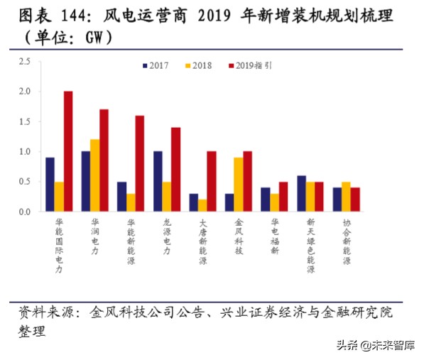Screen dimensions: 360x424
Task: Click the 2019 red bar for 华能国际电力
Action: tap(68, 151)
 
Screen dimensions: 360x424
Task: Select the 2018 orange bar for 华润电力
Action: tap(94, 175)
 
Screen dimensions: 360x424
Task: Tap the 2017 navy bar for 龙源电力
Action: tap(158, 181)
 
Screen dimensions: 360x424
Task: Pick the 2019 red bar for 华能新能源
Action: tap(140, 163)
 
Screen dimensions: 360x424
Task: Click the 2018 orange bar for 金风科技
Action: tap(238, 185)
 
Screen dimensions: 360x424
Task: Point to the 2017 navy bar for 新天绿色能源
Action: tap(302, 193)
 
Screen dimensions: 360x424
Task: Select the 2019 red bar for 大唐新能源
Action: tap(212, 181)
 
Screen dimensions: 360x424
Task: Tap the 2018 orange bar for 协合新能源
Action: tap(346, 197)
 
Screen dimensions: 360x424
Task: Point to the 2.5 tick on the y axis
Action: tap(25, 62)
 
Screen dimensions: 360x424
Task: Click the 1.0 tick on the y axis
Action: tap(25, 151)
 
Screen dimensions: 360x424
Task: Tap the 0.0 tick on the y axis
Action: tap(25, 212)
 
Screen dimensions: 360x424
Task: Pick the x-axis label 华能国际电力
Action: tap(59, 245)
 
